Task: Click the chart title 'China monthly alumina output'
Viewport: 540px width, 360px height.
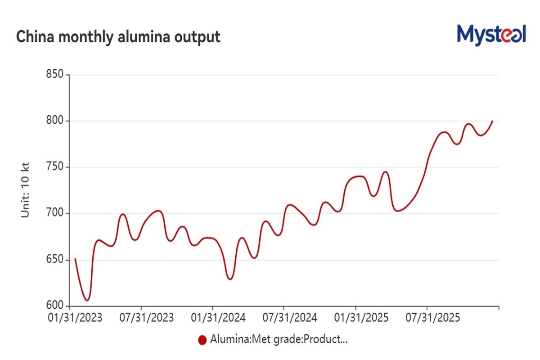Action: (118, 37)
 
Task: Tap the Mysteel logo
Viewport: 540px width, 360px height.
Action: (491, 35)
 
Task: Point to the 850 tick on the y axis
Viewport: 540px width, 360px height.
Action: (55, 75)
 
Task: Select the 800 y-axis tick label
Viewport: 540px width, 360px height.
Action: (55, 121)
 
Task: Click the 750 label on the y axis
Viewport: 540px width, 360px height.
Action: (55, 167)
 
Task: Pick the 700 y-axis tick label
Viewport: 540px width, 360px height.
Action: (55, 213)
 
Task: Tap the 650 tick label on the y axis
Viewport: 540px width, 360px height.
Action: (55, 260)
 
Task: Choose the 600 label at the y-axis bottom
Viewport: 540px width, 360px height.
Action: (55, 306)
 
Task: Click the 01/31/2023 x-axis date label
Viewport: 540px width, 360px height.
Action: (75, 318)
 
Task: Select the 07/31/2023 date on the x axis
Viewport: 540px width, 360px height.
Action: (146, 318)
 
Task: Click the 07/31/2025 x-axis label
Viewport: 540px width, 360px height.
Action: (432, 318)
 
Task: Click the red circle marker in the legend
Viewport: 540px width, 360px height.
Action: (202, 340)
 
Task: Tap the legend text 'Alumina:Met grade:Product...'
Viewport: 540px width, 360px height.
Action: (279, 340)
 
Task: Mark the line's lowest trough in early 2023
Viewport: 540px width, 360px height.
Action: (87, 300)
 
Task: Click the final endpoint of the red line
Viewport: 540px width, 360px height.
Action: (493, 121)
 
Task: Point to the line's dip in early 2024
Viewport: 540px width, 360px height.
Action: (230, 279)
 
